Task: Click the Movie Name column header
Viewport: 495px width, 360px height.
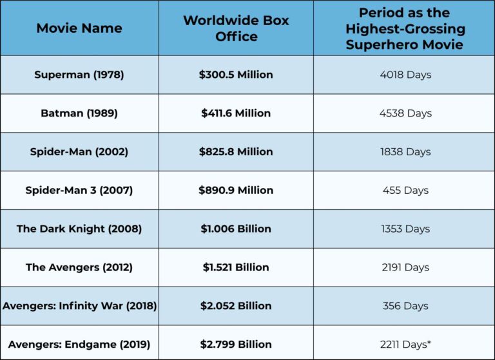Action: (x=79, y=28)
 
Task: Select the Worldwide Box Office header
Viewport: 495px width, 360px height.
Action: (x=236, y=28)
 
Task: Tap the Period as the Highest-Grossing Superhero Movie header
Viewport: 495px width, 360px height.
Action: (x=405, y=28)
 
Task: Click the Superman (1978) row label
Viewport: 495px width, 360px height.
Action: (x=79, y=75)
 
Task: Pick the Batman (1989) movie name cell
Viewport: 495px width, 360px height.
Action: (x=79, y=113)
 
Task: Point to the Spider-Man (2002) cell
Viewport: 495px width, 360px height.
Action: (x=79, y=152)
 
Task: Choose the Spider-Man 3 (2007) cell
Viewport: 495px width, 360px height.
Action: (x=79, y=191)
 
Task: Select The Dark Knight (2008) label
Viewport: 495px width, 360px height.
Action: (x=79, y=229)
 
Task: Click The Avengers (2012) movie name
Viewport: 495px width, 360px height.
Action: (x=79, y=267)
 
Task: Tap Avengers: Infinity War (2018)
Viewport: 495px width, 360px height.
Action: (x=79, y=306)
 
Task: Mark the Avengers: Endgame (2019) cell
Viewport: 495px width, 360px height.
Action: (x=79, y=345)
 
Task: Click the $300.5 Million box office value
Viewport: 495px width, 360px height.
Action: (x=236, y=75)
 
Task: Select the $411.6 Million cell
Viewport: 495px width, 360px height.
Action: (x=236, y=113)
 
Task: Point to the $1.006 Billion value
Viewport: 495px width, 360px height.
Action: (x=236, y=229)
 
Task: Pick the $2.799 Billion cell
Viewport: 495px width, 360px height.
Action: (x=236, y=345)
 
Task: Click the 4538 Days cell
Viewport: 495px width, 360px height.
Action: (x=405, y=113)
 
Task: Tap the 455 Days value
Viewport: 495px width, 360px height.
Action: (x=405, y=191)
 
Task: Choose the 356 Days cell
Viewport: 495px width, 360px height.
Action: (x=405, y=306)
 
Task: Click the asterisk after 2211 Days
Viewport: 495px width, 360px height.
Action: (x=429, y=343)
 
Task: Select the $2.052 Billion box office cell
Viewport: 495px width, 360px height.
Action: (x=236, y=306)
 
